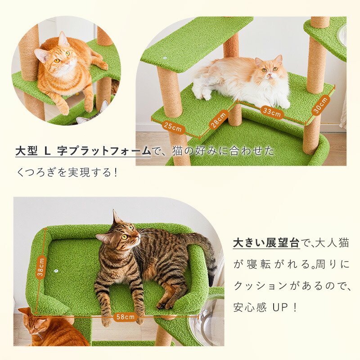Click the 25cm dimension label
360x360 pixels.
(x=173, y=127)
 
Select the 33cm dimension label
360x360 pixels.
(x=272, y=112)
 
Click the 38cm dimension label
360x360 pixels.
(x=41, y=267)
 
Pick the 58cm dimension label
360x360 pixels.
(x=126, y=317)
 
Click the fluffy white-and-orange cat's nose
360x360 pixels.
(x=270, y=74)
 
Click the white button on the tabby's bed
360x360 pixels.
(x=56, y=271)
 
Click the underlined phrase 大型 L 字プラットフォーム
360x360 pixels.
(x=83, y=151)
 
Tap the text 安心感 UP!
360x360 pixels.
(x=265, y=307)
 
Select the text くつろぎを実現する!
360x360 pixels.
(x=67, y=172)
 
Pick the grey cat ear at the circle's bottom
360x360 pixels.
(x=104, y=106)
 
